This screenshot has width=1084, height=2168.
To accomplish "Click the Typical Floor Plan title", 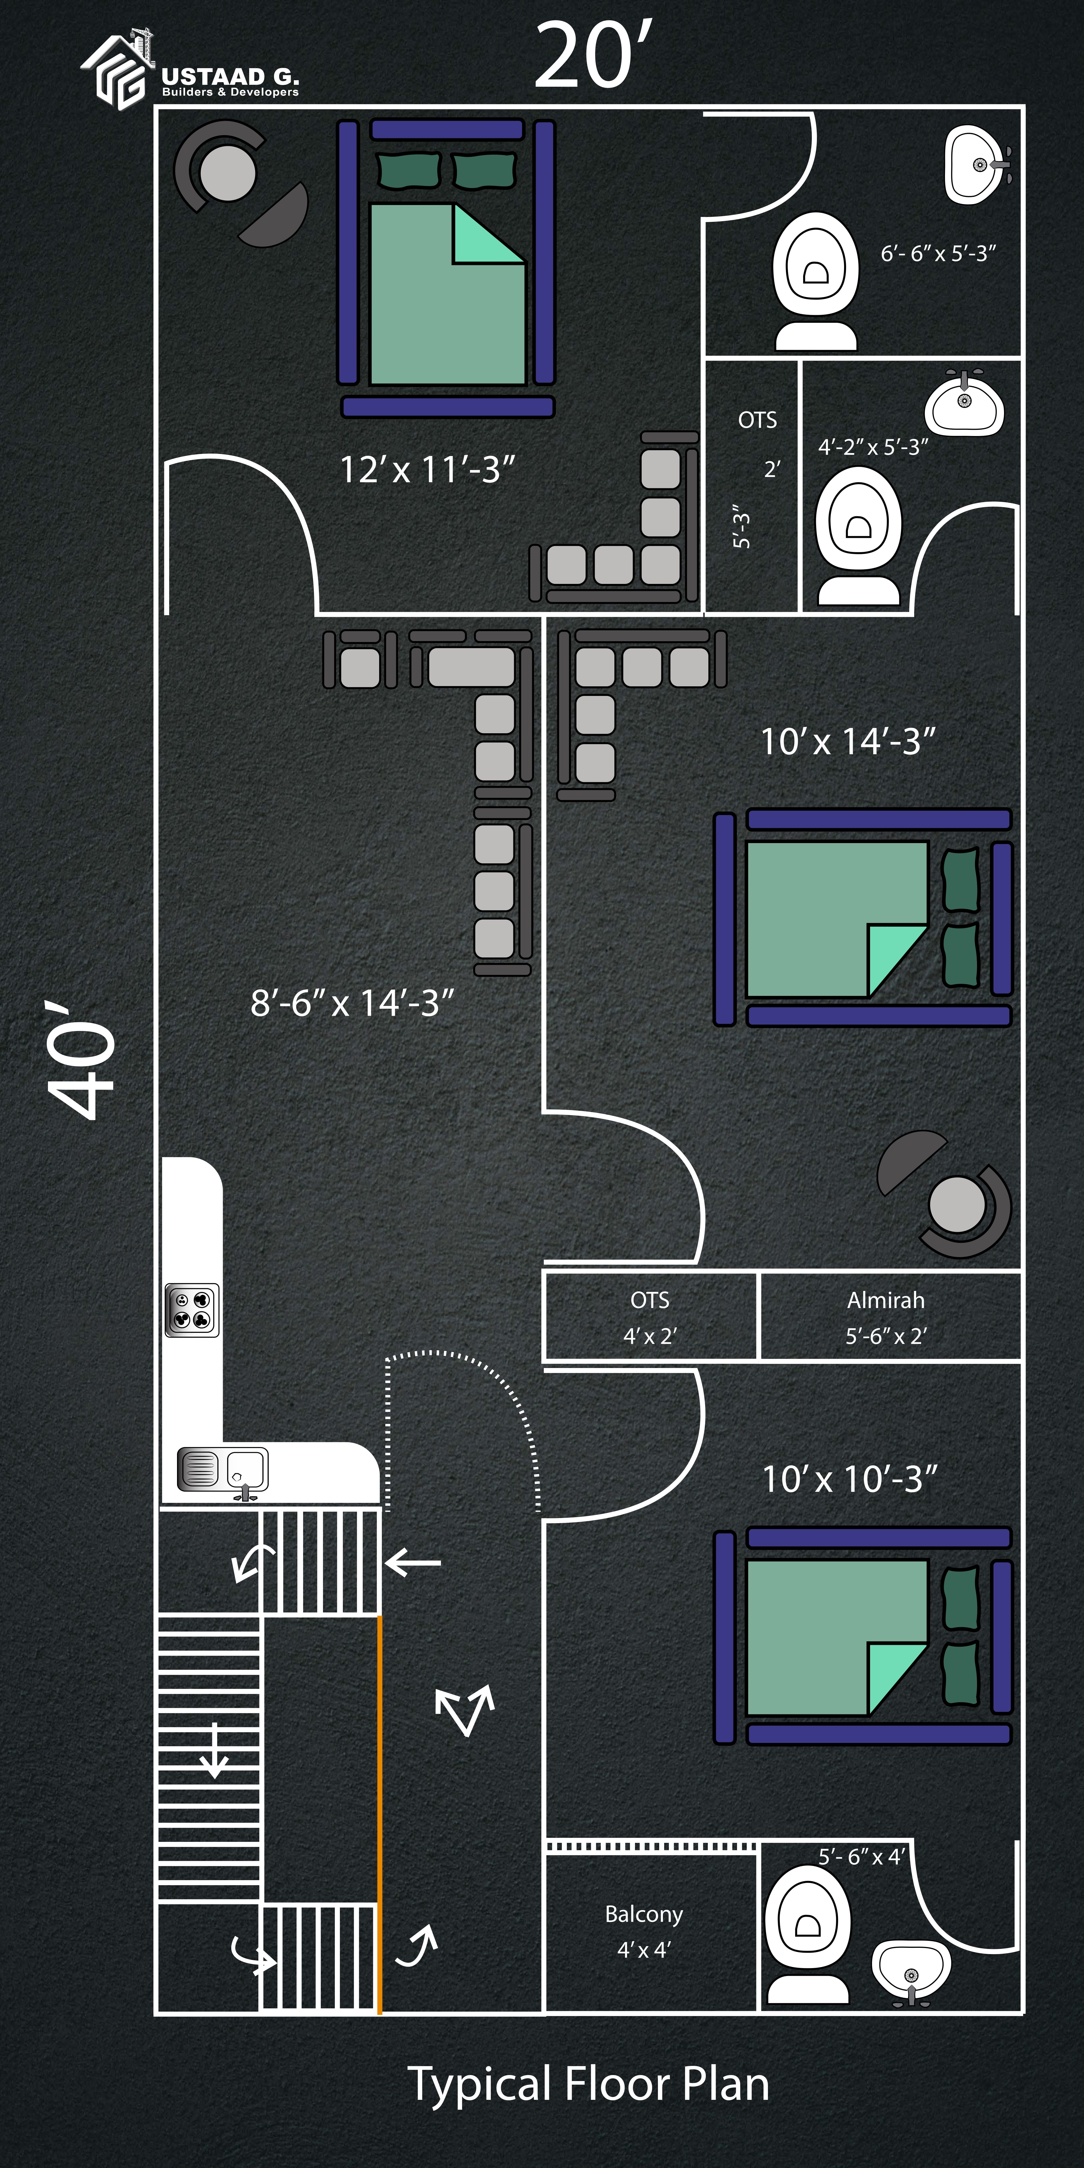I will click(588, 2084).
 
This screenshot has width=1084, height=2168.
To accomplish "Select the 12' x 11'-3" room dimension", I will click(427, 470).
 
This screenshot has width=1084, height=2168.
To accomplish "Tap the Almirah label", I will click(885, 1300).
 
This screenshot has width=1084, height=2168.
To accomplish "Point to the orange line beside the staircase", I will click(380, 1810).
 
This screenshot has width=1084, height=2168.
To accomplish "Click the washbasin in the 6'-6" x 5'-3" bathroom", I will click(976, 165).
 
